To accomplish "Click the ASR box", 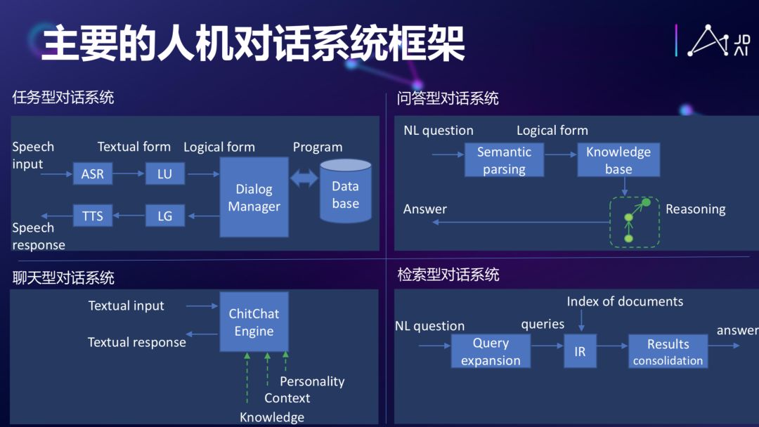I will click(x=93, y=173).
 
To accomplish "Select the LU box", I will click(x=164, y=173).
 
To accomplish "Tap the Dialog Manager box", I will click(x=254, y=197).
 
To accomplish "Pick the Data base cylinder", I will click(x=345, y=192).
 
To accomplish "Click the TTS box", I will click(x=93, y=216).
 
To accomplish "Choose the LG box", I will click(x=164, y=216).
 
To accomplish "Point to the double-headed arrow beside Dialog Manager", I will click(x=304, y=178).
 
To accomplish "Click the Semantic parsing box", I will click(x=504, y=160).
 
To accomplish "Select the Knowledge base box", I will click(x=618, y=160).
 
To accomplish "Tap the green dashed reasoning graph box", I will click(x=635, y=222).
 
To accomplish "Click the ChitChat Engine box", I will click(x=254, y=322).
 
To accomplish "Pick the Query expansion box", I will click(x=491, y=351).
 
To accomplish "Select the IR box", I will click(x=580, y=351).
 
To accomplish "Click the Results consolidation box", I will click(x=668, y=351).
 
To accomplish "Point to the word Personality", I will click(x=312, y=381).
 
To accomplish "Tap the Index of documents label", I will click(x=625, y=301).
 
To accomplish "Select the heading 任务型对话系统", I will click(x=63, y=98).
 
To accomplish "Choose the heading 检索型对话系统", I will click(x=448, y=275).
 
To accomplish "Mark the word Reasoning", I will click(x=695, y=209).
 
